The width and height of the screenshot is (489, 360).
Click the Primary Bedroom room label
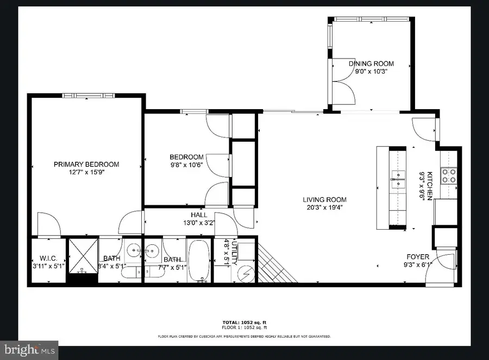(86, 165)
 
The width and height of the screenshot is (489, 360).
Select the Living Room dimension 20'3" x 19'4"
(324, 207)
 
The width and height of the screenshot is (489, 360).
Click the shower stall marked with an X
(82, 256)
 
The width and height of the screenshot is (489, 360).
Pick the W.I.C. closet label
(48, 259)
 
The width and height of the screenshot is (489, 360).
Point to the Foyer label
(418, 257)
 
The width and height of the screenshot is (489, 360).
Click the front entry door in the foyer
(438, 269)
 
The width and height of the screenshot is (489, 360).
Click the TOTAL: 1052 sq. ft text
(244, 323)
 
